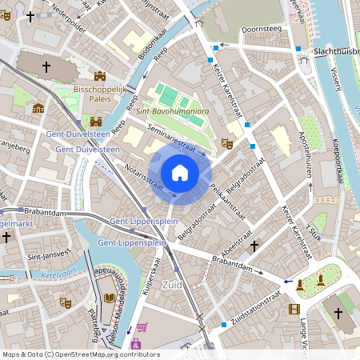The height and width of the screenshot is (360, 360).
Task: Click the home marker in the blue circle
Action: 180,173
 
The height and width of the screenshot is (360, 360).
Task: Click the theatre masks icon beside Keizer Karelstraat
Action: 227,143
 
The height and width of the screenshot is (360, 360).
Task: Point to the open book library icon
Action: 109,298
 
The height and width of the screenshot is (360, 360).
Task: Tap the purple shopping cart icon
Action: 142,327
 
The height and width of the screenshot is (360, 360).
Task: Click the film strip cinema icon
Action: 294,309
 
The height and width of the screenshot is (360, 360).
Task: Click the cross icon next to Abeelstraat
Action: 254,246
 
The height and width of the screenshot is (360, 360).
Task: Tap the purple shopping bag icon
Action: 135,345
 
